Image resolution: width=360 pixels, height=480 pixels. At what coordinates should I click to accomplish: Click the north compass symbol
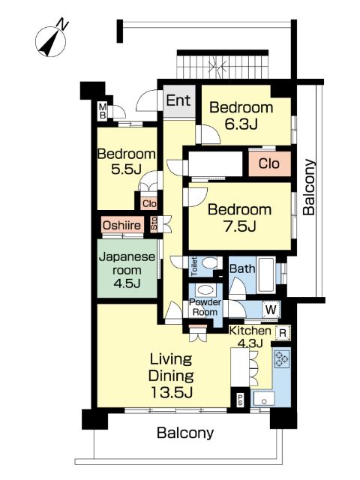click(x=51, y=40)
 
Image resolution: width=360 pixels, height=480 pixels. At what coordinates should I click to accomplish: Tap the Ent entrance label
click(x=178, y=100)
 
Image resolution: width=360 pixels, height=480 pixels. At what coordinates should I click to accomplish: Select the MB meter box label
click(x=103, y=112)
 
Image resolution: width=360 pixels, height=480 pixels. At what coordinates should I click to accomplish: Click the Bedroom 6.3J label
click(x=241, y=115)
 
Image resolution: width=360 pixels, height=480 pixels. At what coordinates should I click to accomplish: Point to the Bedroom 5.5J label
click(x=127, y=161)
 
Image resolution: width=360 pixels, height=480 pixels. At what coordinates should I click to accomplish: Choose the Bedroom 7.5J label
click(x=240, y=217)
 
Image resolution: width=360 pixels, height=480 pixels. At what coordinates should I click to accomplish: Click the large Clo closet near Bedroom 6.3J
click(x=269, y=163)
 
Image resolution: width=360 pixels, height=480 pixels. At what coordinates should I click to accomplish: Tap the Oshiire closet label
click(x=121, y=225)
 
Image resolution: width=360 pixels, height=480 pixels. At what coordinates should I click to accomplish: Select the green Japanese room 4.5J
click(x=127, y=268)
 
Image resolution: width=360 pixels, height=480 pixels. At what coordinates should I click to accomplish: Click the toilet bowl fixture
click(x=210, y=262)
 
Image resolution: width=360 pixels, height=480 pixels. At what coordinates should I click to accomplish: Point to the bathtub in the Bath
click(x=265, y=275)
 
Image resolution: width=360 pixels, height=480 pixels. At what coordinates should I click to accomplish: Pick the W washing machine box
click(x=271, y=310)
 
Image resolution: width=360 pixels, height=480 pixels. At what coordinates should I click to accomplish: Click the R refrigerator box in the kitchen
click(x=283, y=333)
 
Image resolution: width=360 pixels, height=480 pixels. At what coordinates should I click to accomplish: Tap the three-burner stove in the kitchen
click(x=282, y=358)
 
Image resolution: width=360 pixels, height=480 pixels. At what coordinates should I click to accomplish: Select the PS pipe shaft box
click(x=240, y=398)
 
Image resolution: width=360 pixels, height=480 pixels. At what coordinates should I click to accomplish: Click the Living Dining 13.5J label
click(x=171, y=376)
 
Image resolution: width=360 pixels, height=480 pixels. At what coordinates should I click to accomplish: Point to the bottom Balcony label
click(x=185, y=433)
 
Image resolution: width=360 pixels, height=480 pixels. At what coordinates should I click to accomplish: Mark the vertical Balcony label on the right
click(x=309, y=187)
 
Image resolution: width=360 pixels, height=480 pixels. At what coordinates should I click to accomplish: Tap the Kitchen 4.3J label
click(x=250, y=337)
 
